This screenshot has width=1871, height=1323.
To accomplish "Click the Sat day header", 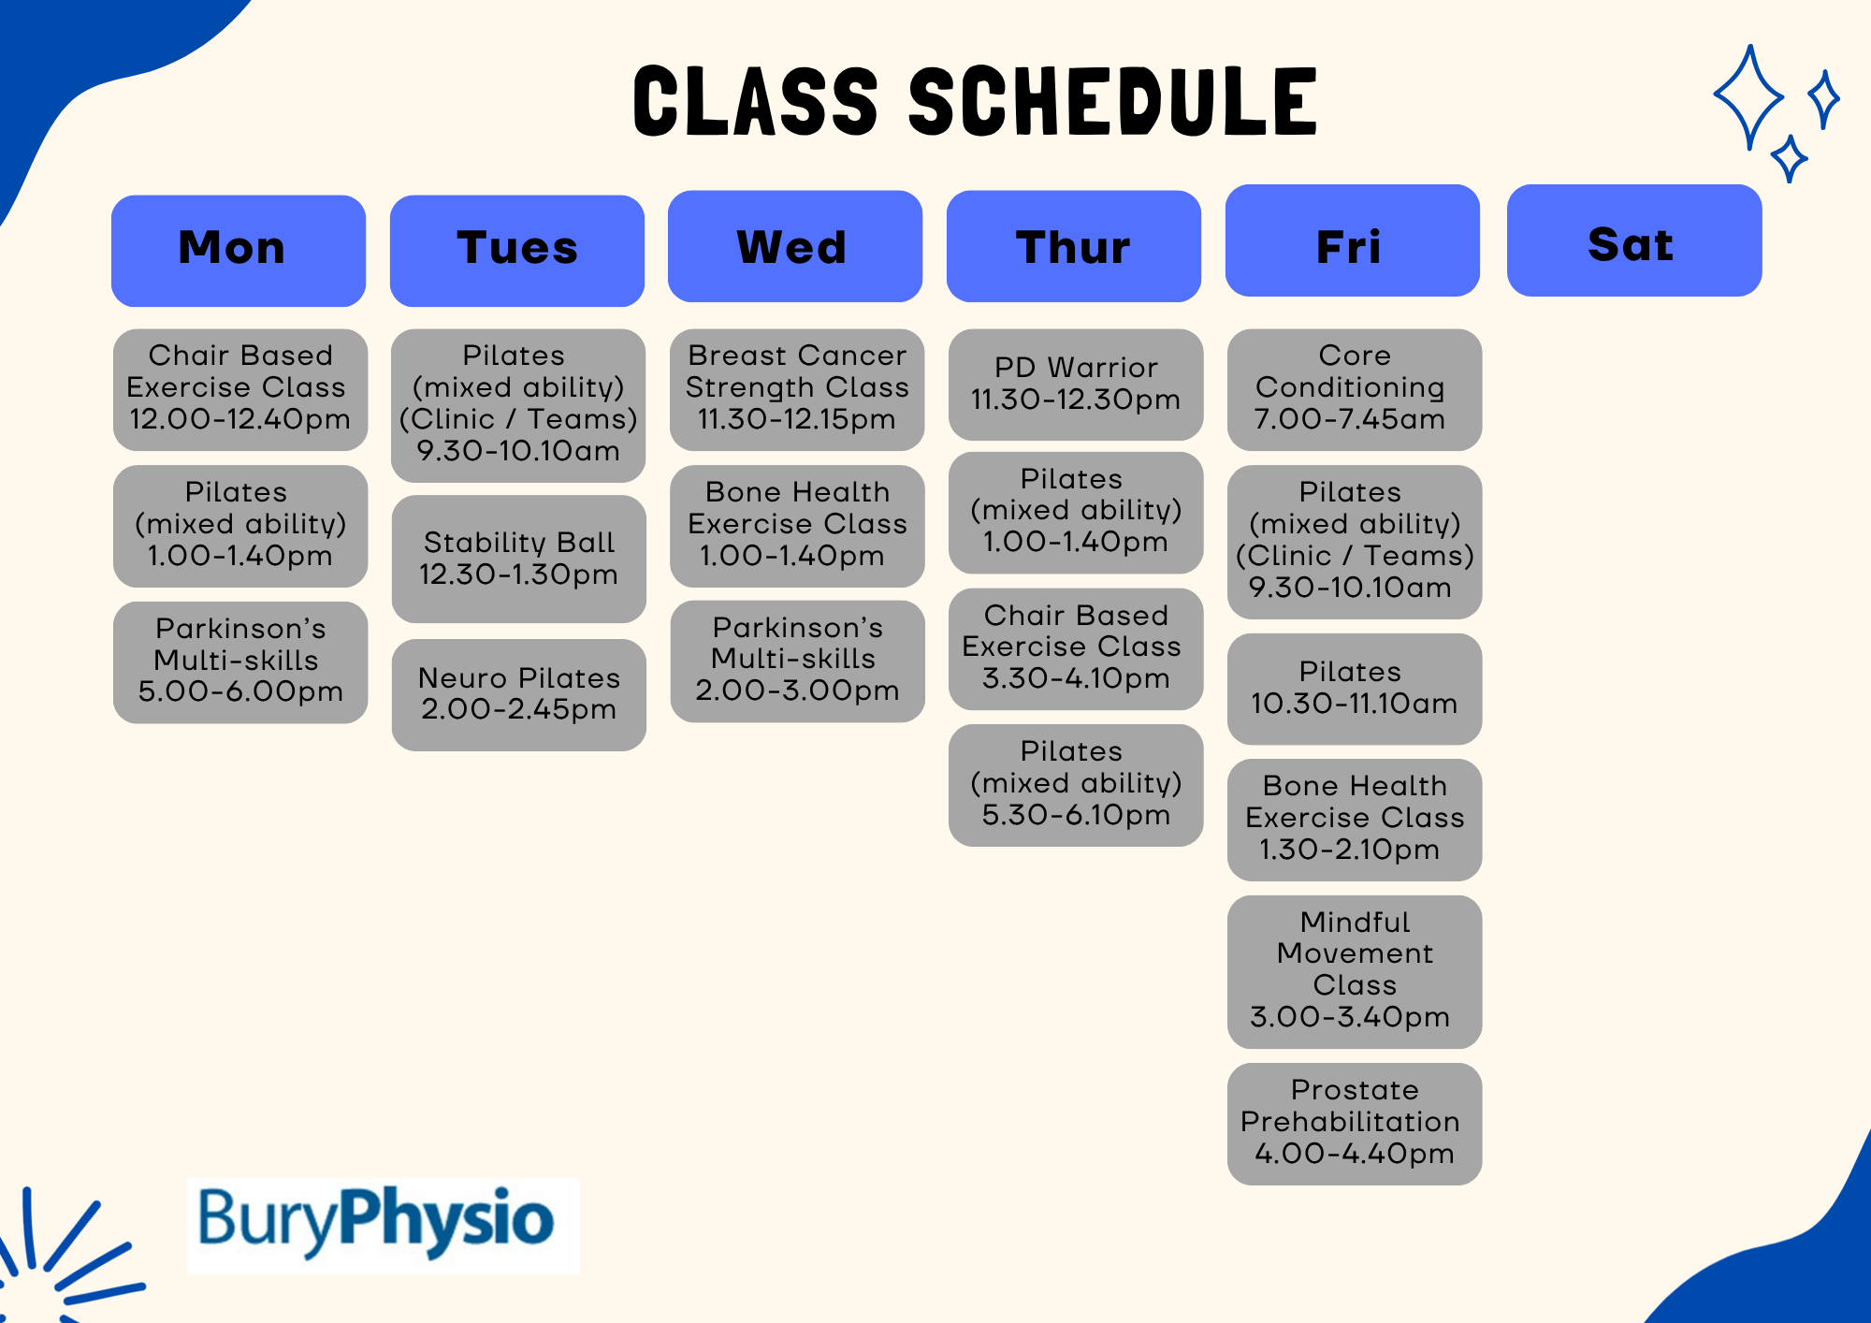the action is click(1634, 240).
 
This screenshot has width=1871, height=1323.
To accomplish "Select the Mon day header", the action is click(239, 251).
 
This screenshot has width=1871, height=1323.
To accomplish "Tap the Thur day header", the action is click(1074, 246).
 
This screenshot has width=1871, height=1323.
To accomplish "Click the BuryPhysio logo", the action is click(384, 1225).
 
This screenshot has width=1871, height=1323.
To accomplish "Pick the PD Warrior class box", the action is click(1076, 385).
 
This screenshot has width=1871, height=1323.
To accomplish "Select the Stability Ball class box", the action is click(519, 559).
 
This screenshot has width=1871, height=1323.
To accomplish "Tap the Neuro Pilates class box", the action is click(519, 694).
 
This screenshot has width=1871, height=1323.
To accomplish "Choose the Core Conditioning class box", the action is click(1355, 389).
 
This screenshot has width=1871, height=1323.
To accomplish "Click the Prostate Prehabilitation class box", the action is click(1355, 1124).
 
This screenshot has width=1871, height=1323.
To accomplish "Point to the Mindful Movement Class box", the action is click(1355, 971).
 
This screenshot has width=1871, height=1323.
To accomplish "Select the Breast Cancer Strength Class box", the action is click(797, 389).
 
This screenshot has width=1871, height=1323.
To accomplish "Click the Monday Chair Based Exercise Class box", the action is click(240, 389).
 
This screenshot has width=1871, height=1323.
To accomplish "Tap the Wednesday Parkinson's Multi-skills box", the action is click(798, 661).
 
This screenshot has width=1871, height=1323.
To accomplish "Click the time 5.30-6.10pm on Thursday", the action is click(1076, 815).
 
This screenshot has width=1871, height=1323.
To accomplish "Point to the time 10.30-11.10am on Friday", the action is click(1355, 704).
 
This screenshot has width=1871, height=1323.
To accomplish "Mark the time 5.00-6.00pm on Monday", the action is click(240, 691).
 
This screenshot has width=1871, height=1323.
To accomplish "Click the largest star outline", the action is click(1748, 96).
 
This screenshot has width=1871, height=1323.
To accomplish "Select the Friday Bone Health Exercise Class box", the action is click(1355, 820).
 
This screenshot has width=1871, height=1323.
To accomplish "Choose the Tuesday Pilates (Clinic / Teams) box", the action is click(518, 405).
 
